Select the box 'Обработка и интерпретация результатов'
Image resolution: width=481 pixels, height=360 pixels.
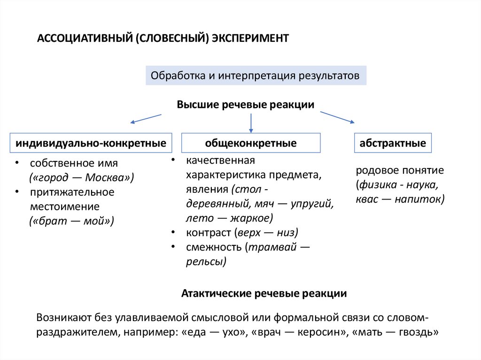(x=256, y=76)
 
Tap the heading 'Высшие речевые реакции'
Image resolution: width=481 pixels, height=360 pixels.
(x=245, y=104)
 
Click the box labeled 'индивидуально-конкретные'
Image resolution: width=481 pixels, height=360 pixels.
(x=91, y=143)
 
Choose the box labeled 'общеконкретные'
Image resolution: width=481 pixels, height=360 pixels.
(x=251, y=143)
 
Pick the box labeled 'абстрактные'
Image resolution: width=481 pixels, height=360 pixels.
(x=393, y=143)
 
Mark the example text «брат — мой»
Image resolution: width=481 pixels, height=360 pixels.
(x=71, y=221)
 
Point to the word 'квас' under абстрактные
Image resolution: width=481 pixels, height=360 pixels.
(x=366, y=199)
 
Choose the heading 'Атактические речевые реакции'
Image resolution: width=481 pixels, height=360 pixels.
(x=264, y=294)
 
